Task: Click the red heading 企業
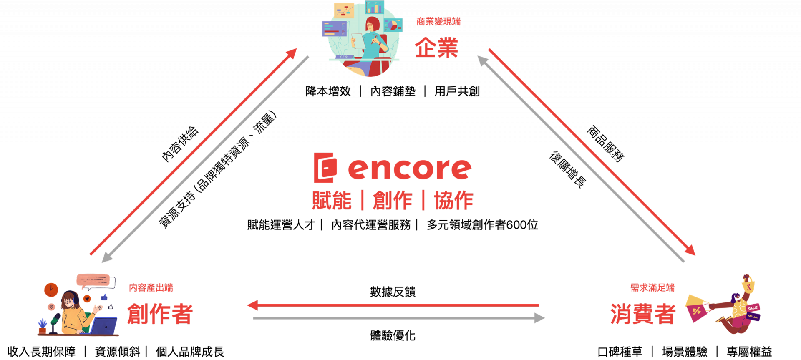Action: pyautogui.click(x=436, y=48)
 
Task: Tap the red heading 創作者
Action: pyautogui.click(x=160, y=314)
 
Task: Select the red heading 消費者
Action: pyautogui.click(x=643, y=314)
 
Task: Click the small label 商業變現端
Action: pyautogui.click(x=438, y=21)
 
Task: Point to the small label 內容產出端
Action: pyautogui.click(x=151, y=287)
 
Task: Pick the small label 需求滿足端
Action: pyautogui.click(x=652, y=287)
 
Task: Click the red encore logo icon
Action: pyautogui.click(x=325, y=168)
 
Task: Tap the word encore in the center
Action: pyautogui.click(x=410, y=169)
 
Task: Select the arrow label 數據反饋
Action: pyautogui.click(x=393, y=292)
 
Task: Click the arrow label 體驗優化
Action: pyautogui.click(x=393, y=335)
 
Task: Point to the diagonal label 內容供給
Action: pyautogui.click(x=180, y=144)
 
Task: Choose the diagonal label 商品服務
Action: pyautogui.click(x=605, y=143)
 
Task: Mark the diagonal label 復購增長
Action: pyautogui.click(x=568, y=170)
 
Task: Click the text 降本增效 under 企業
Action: pyautogui.click(x=328, y=91)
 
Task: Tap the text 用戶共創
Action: pyautogui.click(x=457, y=91)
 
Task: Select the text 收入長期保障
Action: pyautogui.click(x=42, y=352)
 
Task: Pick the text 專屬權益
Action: pyautogui.click(x=749, y=352)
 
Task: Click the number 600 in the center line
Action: pyautogui.click(x=516, y=225)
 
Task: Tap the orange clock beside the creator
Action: pyautogui.click(x=51, y=289)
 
